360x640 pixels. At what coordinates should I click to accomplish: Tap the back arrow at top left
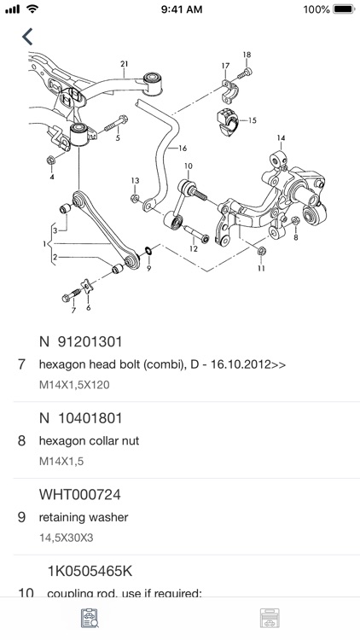(x=28, y=37)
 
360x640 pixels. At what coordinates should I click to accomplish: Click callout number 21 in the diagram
(x=125, y=64)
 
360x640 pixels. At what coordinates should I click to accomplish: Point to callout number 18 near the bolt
(x=247, y=55)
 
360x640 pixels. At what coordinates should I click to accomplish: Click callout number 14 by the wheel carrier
(x=281, y=137)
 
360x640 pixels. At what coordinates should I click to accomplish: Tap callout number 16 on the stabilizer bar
(x=182, y=148)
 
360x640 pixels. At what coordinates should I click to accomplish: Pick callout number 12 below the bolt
(x=194, y=250)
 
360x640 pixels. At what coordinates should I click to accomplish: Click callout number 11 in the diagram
(x=261, y=268)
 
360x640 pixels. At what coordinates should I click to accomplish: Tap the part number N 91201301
(x=81, y=342)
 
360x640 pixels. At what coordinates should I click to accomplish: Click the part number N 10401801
(x=81, y=418)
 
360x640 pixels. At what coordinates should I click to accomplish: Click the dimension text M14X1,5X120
(x=74, y=385)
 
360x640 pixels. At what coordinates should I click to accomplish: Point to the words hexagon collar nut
(x=89, y=441)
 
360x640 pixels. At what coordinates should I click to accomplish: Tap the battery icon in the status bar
(x=342, y=9)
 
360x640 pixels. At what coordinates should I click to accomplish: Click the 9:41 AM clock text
(x=179, y=9)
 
